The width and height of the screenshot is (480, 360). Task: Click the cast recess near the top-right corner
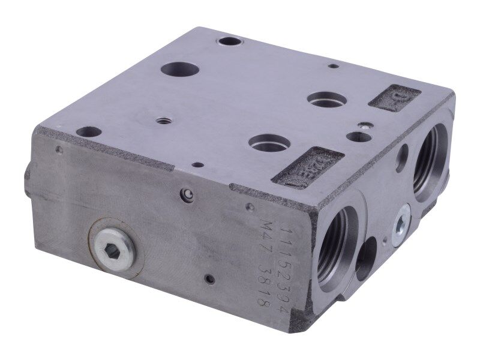(394, 98)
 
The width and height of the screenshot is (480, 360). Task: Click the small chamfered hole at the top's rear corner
(229, 42)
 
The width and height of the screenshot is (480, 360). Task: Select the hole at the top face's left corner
(89, 131)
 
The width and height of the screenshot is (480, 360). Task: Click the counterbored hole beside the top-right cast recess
(326, 99)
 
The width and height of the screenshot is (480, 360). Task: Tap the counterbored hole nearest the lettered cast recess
(269, 143)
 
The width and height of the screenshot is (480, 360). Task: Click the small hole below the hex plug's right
(209, 279)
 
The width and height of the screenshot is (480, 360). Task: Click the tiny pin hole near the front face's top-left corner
(58, 149)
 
